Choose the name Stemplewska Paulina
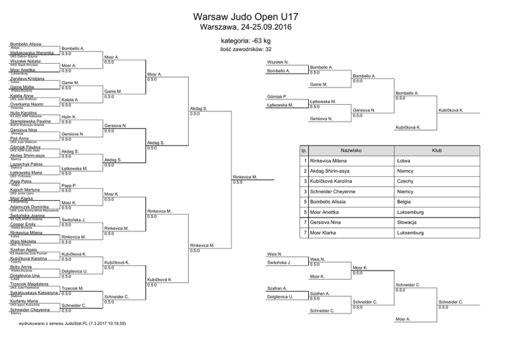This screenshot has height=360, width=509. click(x=31, y=121)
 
